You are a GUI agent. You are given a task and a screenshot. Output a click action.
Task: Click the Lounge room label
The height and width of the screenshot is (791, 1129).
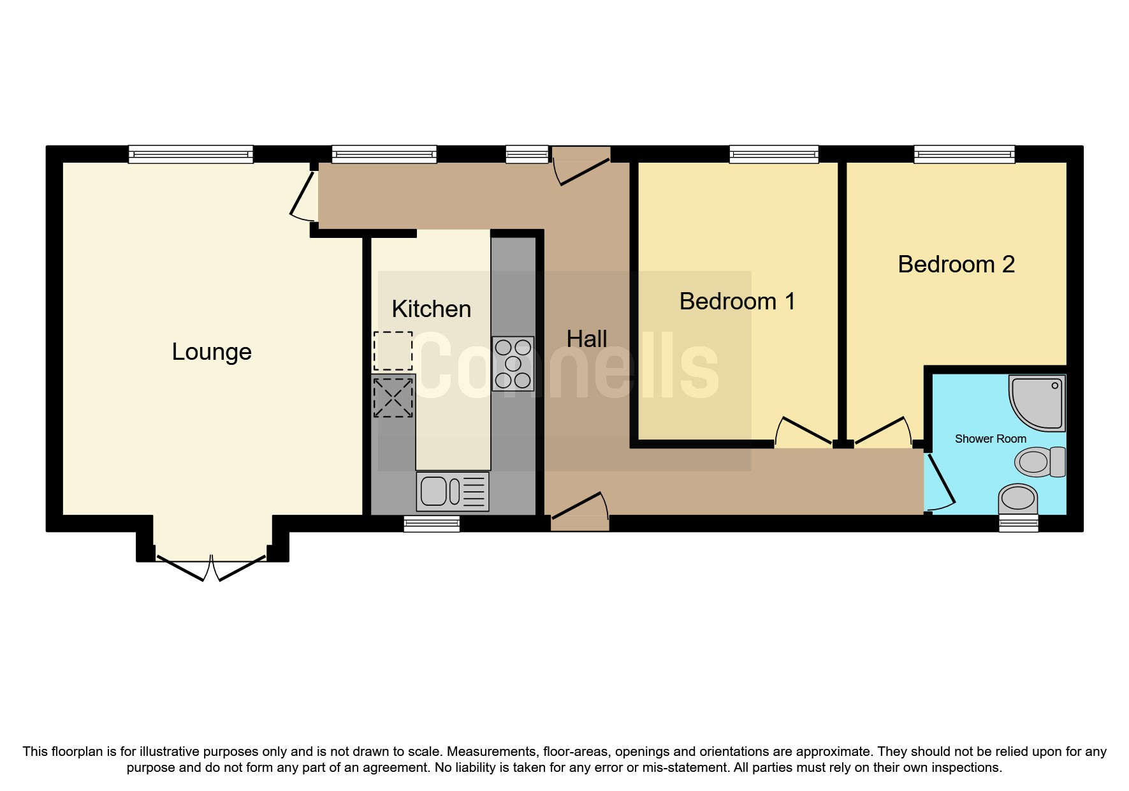212,351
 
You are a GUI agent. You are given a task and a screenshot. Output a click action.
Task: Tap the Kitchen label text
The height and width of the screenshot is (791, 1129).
431,309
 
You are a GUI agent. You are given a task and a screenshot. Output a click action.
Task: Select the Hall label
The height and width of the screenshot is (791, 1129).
586,339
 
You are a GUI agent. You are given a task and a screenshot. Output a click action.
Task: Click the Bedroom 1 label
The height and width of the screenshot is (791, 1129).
737,301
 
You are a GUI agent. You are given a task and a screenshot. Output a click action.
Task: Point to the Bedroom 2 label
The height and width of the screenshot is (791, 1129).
956,264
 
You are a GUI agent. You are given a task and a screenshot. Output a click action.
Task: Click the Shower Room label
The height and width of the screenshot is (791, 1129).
990,439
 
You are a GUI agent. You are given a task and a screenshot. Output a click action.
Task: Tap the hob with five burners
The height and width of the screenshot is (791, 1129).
513,364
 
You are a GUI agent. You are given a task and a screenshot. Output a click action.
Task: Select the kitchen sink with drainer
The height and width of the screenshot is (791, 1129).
453,491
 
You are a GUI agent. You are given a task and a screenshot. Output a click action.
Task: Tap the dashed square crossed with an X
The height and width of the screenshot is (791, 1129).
393,397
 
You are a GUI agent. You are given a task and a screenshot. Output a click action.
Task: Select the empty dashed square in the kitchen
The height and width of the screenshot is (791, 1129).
393,351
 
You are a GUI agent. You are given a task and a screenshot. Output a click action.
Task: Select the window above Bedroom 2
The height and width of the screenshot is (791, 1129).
964,154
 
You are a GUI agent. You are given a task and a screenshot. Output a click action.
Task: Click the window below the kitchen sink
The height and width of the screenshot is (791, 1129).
432,524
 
